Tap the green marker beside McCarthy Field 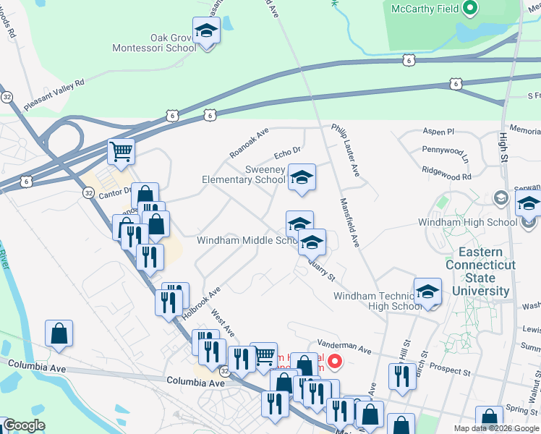[471, 9]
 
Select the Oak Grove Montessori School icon [208, 32]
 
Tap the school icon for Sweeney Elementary [302, 177]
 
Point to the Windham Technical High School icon [427, 292]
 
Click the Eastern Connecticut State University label [481, 272]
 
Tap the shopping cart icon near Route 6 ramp [121, 153]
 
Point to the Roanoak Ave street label [249, 143]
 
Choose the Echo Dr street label [287, 153]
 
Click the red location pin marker [334, 359]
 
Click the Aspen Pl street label [439, 132]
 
